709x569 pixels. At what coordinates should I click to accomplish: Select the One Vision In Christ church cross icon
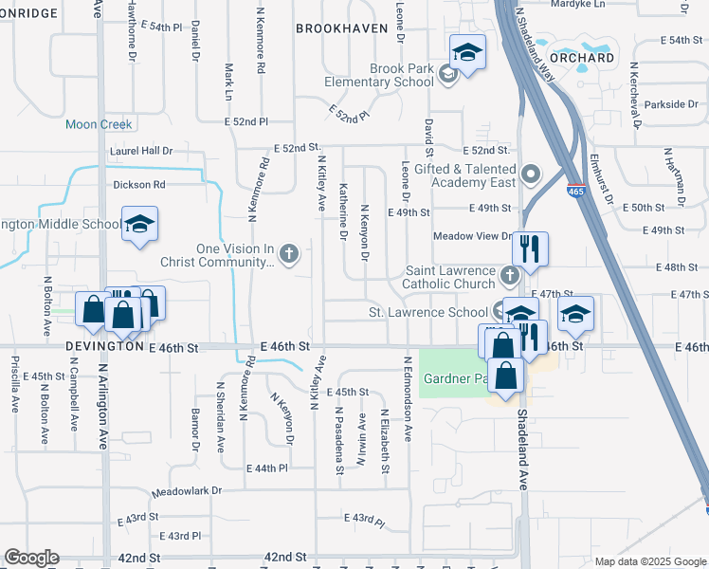(x=290, y=253)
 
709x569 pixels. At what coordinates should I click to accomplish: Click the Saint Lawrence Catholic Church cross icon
(x=510, y=276)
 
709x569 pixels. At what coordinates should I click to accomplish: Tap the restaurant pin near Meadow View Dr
(x=530, y=248)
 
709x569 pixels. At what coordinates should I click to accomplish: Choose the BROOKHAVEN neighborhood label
(x=341, y=28)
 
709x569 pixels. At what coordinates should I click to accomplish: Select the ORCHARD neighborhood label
(x=581, y=58)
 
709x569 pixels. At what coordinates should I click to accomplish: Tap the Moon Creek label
(x=99, y=124)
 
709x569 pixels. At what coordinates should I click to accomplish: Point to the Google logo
(x=32, y=558)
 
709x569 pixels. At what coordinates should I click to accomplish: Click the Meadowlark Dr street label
(x=186, y=491)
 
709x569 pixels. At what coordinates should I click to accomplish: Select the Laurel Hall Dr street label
(x=141, y=151)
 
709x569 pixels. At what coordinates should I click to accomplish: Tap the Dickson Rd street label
(x=139, y=185)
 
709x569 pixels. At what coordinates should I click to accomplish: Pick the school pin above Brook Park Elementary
(x=466, y=52)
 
